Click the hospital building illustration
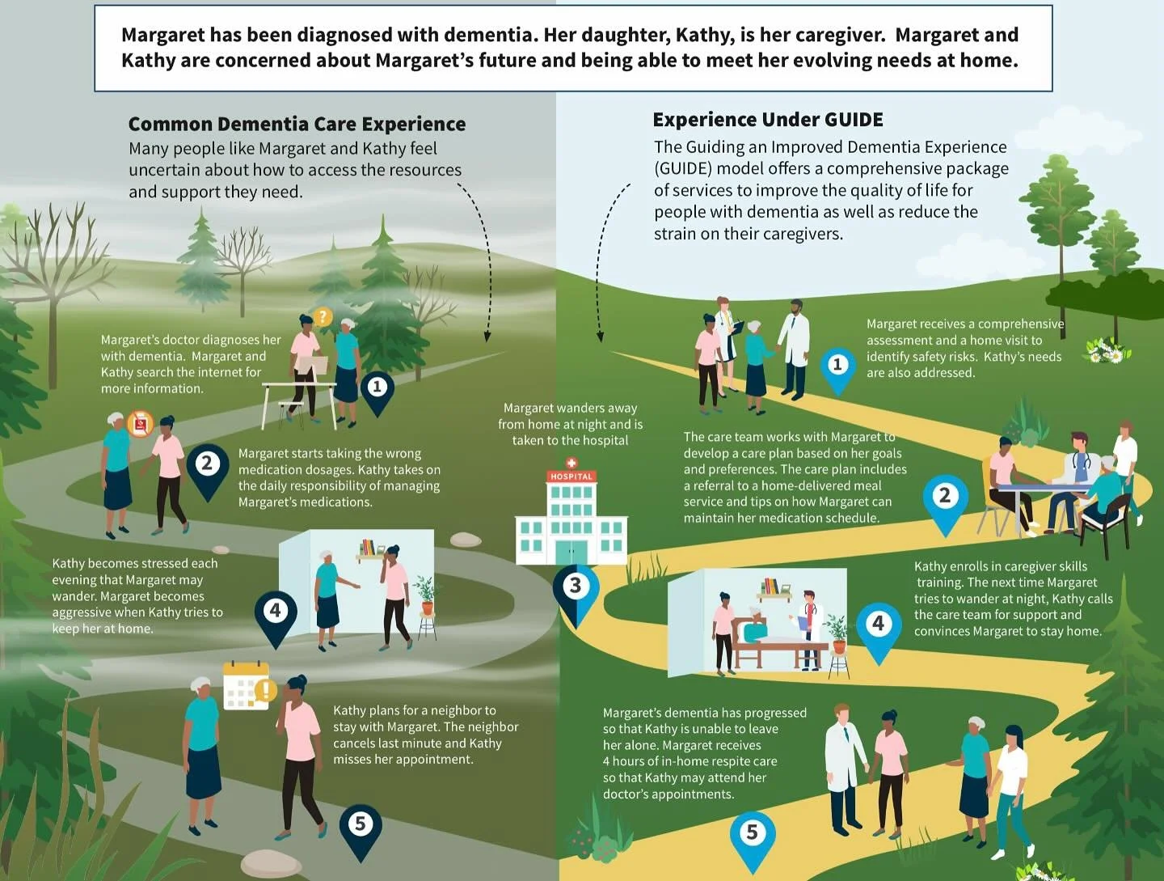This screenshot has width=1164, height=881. [x=571, y=518]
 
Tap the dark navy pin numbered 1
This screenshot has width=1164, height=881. [x=377, y=389]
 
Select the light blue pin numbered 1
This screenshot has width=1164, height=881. [x=837, y=367]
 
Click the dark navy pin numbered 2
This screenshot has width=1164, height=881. [x=208, y=466]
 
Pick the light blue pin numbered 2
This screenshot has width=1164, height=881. [x=944, y=498]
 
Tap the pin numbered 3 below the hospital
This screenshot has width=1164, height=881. [x=576, y=588]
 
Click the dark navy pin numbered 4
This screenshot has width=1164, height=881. [x=276, y=613]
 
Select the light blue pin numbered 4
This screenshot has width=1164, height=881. [x=879, y=626]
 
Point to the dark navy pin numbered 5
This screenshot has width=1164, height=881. [x=361, y=827]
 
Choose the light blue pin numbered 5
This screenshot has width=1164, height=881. [x=753, y=835]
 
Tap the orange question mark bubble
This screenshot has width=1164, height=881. [x=323, y=317]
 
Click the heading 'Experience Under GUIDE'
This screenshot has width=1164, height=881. [x=767, y=120]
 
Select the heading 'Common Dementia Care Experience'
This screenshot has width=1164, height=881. [x=297, y=124]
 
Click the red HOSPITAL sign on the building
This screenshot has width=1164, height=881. [x=571, y=477]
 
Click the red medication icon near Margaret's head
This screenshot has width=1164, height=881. [x=141, y=423]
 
